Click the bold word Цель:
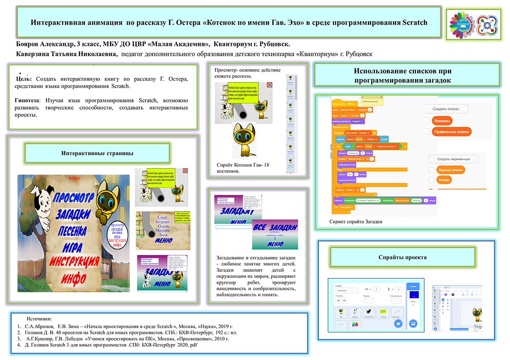pyautogui.click(x=24, y=79)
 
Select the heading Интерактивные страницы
pyautogui.click(x=97, y=153)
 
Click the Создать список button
pyautogui.click(x=447, y=109)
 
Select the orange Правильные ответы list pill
pyautogui.click(x=451, y=131)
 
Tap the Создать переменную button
pyautogui.click(x=453, y=159)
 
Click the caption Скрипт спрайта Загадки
pyautogui.click(x=359, y=221)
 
